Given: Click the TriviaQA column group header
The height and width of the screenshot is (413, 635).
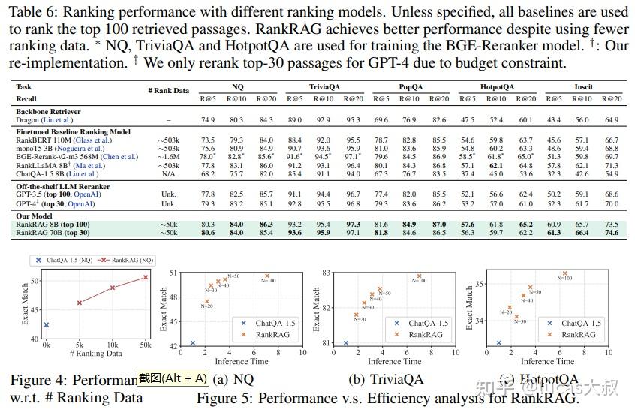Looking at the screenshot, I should [324, 87].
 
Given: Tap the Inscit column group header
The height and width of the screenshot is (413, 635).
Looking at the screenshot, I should [583, 87].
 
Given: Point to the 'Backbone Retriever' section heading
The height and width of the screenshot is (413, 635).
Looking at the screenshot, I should [49, 110].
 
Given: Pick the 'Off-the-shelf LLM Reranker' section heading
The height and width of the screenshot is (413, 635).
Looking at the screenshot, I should [62, 186].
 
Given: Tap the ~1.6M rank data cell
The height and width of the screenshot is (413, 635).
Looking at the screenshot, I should [169, 157].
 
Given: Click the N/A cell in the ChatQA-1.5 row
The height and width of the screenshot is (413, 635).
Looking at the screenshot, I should [169, 173].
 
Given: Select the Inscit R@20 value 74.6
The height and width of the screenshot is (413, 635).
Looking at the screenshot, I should [612, 233].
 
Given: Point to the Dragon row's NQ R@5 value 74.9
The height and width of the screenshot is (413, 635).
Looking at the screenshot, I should [208, 119].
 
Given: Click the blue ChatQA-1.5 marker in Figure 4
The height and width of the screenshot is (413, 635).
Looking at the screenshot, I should [46, 325].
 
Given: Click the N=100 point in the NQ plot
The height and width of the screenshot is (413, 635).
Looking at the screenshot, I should [265, 276].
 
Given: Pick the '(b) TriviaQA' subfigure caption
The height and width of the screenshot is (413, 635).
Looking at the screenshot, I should [390, 379].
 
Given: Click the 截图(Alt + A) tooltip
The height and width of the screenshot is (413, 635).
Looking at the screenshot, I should [173, 378].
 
